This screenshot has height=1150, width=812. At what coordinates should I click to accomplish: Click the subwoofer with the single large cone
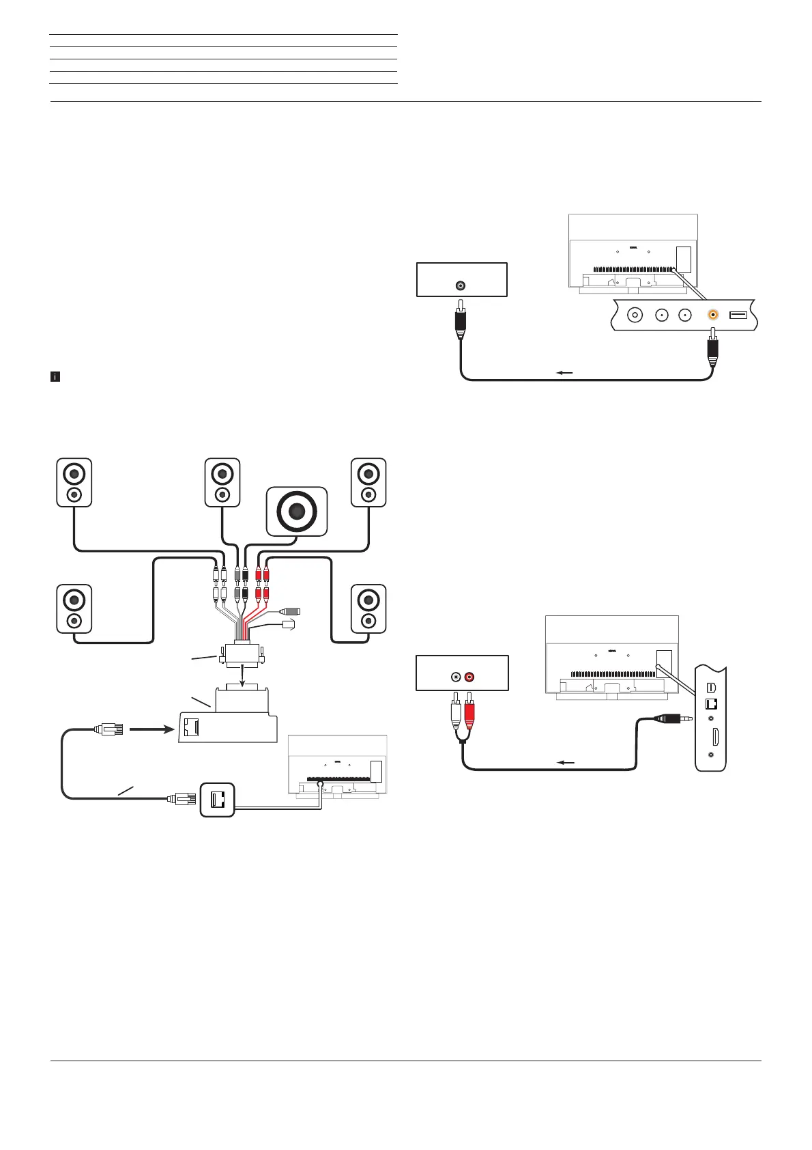point(297,511)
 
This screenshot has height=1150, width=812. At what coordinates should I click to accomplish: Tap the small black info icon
point(56,376)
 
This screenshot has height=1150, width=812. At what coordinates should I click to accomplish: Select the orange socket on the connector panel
point(713,315)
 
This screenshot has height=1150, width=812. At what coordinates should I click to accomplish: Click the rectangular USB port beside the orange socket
point(738,315)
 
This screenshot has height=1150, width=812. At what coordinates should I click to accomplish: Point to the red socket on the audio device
point(469,677)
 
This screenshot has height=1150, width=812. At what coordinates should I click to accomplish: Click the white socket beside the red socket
point(456,677)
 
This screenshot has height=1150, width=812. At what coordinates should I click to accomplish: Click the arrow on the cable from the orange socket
point(564,373)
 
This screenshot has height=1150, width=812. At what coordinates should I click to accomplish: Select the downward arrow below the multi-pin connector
point(244,675)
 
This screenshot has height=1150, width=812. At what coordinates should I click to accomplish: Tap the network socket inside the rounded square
point(218,799)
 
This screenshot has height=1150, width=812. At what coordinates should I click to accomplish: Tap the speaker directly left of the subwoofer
point(222,482)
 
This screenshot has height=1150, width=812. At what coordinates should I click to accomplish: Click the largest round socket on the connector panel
point(636,315)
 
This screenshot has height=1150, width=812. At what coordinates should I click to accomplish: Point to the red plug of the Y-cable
point(469,712)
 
